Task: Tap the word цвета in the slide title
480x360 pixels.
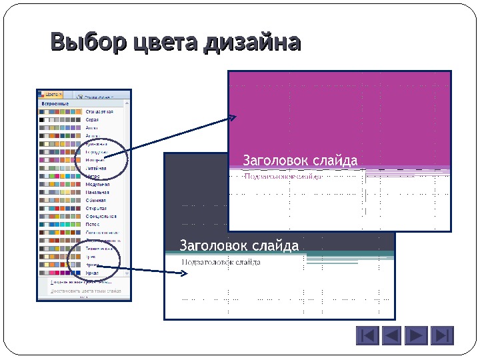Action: tap(165, 43)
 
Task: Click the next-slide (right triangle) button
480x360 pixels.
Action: tap(417, 335)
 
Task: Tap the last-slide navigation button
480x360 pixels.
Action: tap(441, 335)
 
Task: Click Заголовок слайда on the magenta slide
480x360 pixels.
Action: tap(300, 161)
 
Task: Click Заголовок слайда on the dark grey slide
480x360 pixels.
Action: tap(239, 247)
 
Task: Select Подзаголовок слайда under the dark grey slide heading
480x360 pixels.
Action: tap(221, 262)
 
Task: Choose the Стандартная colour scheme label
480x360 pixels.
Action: tap(99, 112)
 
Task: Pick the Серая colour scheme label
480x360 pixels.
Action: tap(92, 120)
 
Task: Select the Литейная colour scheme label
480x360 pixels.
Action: tap(95, 168)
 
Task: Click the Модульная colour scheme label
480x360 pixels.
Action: tap(97, 184)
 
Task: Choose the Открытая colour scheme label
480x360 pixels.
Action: tap(96, 208)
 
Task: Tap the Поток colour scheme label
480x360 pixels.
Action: tap(92, 225)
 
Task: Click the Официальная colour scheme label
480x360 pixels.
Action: tap(101, 216)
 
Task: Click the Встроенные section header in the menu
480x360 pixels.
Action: tap(56, 104)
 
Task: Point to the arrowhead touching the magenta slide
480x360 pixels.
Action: tap(233, 118)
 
